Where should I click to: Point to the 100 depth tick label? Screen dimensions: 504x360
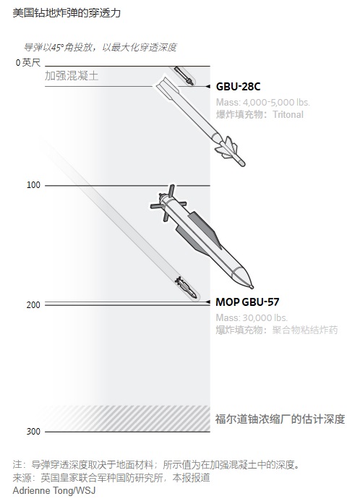[33, 186]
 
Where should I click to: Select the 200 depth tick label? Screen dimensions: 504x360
[33, 305]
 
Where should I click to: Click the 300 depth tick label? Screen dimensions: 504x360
[33, 432]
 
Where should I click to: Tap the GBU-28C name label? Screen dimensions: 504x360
[239, 87]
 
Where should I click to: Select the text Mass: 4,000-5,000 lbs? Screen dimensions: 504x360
[259, 102]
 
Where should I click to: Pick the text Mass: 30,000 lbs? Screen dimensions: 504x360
[251, 317]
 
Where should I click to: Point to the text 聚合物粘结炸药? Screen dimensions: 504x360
[305, 330]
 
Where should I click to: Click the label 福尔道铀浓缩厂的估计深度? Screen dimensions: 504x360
[280, 419]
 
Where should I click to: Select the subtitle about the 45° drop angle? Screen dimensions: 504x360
[100, 48]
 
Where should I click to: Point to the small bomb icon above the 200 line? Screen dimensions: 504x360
[186, 287]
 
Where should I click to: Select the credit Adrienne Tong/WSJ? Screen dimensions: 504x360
[53, 490]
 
